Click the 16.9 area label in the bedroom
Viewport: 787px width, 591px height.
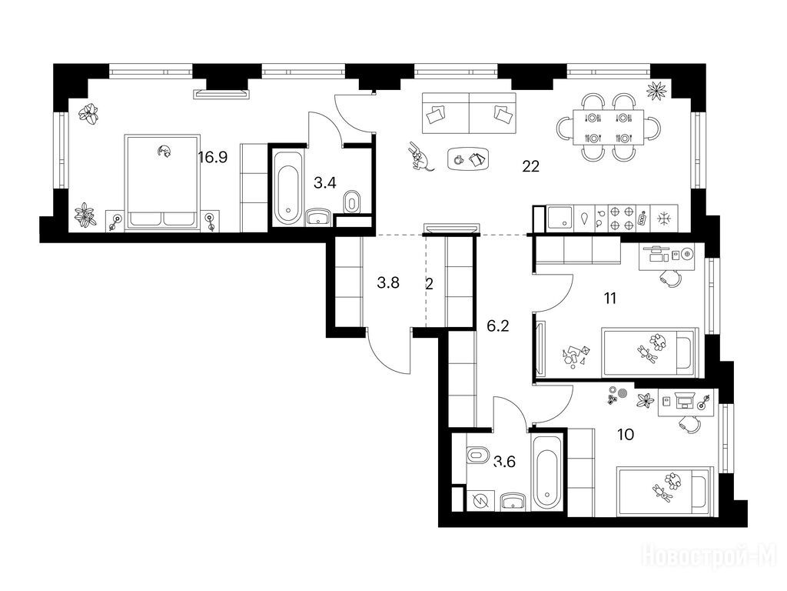213,158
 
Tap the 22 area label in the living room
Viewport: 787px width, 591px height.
530,166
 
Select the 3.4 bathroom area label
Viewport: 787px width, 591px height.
325,183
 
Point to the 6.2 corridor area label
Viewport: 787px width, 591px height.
498,326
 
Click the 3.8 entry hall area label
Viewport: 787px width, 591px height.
388,283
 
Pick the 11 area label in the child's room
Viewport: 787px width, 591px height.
609,299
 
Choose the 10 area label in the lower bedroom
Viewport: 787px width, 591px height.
626,434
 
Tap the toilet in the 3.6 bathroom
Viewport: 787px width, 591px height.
478,456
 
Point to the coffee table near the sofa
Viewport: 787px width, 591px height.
468,159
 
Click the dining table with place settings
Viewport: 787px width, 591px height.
609,127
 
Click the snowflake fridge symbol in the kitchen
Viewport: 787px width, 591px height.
663,219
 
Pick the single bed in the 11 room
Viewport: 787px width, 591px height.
649,352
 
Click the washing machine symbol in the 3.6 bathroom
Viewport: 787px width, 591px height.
481,501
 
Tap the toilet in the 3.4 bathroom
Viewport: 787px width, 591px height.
351,202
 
